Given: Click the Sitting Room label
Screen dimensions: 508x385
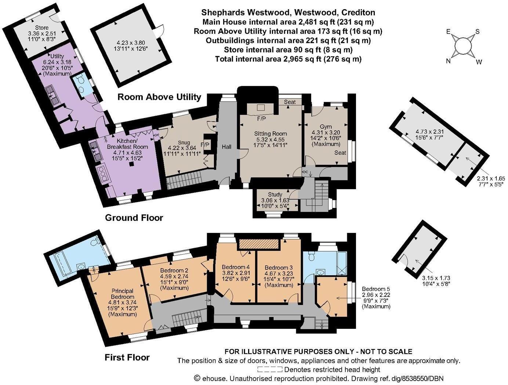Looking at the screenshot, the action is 271,134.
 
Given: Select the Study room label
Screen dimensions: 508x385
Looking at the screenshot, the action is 275,194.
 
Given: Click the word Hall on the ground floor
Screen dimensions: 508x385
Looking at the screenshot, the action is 226,147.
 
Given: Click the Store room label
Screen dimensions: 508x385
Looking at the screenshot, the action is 42,28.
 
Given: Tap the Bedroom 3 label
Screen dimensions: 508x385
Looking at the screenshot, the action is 279,267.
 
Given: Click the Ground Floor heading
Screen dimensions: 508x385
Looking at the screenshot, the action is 134,217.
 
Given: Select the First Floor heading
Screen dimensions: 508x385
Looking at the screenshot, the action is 127,357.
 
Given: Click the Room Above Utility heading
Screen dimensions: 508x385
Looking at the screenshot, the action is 159,97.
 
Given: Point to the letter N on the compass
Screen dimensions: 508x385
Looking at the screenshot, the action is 448,61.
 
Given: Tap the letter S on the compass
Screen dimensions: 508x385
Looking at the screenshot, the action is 477,31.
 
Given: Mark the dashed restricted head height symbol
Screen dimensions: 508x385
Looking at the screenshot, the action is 270,369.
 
